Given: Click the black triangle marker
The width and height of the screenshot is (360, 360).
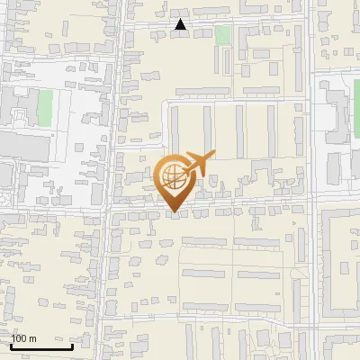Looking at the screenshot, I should click(181, 25).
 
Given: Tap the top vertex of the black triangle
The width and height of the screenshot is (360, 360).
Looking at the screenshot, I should click(181, 20).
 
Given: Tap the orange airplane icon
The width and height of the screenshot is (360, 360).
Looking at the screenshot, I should click(200, 163).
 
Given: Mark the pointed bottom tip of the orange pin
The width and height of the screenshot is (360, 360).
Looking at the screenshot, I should click(174, 212).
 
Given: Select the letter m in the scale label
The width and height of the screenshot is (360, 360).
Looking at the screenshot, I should click(33, 338).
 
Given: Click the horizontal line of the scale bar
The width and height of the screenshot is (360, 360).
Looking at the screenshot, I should click(41, 346).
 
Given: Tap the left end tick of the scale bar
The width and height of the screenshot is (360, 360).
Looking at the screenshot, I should click(11, 345).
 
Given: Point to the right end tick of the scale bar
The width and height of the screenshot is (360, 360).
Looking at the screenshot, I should click(72, 345).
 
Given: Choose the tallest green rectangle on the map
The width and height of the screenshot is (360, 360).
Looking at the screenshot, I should click(45, 107).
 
